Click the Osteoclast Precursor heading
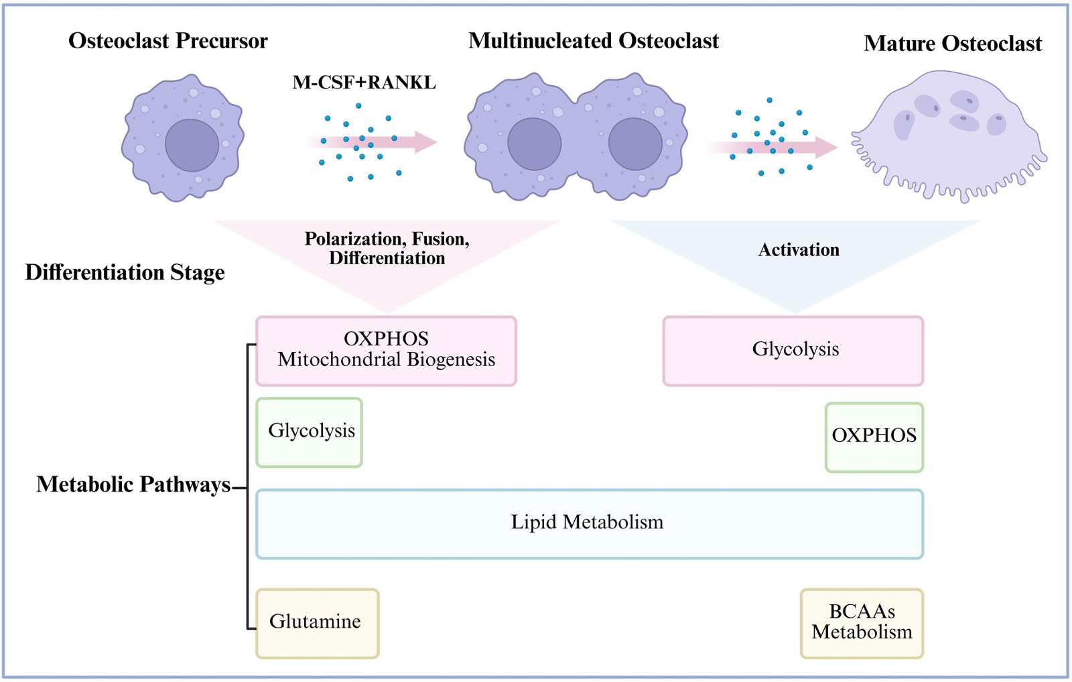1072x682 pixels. (x=167, y=41)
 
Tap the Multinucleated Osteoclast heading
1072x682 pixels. (x=593, y=41)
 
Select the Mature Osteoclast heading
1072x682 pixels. (x=952, y=44)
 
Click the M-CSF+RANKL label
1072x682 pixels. (x=364, y=82)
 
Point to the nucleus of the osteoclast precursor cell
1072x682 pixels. (x=192, y=146)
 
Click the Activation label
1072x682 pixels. (x=798, y=250)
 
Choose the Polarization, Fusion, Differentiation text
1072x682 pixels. (x=387, y=248)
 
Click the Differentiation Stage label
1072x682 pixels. (x=125, y=272)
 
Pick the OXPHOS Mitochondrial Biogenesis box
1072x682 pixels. (x=386, y=351)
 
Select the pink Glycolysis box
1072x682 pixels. (x=793, y=351)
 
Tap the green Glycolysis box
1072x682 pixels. (x=310, y=433)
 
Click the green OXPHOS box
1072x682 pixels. (x=874, y=437)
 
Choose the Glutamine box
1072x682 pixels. (x=317, y=623)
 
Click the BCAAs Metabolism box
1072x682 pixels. (x=862, y=623)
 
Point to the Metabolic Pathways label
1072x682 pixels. (x=133, y=484)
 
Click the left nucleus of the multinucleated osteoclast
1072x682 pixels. (x=534, y=144)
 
